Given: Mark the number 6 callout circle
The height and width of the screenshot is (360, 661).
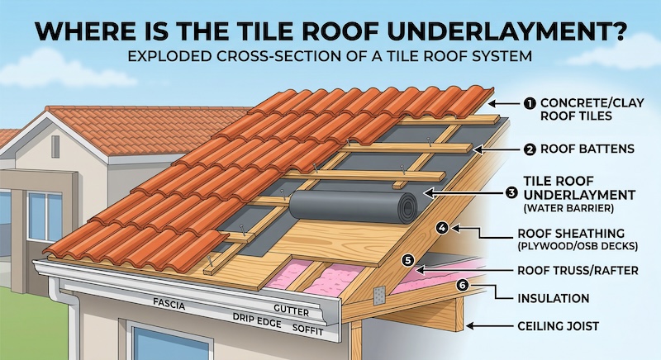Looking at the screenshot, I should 461,285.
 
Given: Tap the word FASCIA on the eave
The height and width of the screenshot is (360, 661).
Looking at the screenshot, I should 169,304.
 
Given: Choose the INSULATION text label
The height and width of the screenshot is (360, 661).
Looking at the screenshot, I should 553,296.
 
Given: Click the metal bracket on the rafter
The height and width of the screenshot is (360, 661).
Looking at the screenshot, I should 380,295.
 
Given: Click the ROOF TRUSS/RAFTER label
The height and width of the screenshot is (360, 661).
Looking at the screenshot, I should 577,268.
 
